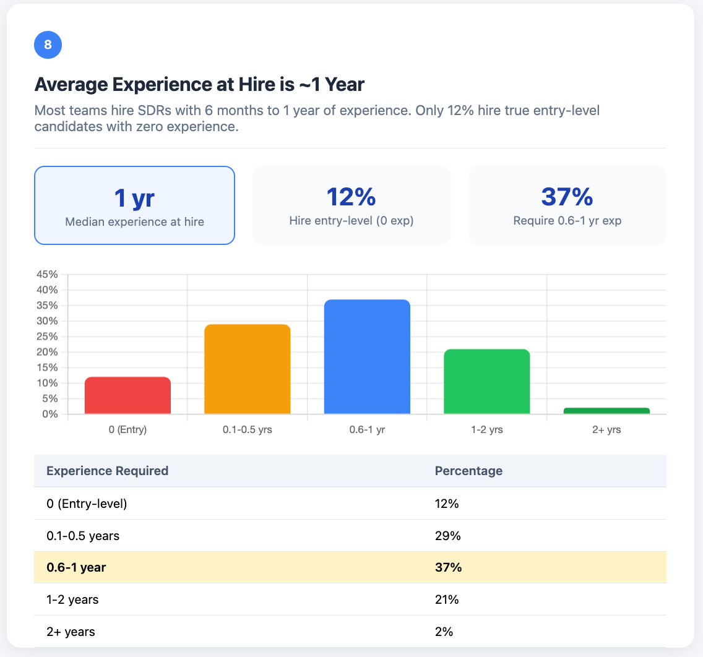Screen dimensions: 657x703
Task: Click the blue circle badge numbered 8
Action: (48, 45)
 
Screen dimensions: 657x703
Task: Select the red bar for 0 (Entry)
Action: (127, 395)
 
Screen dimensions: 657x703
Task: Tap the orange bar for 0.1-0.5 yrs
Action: (248, 369)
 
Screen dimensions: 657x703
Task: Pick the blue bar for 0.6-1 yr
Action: (367, 357)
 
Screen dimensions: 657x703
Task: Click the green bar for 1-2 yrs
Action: (486, 382)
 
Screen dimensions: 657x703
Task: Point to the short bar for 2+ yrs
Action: (606, 411)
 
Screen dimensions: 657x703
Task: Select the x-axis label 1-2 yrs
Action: (486, 429)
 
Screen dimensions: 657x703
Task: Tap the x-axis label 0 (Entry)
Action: (127, 429)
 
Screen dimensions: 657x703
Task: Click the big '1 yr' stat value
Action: (134, 198)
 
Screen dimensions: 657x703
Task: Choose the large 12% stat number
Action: (351, 197)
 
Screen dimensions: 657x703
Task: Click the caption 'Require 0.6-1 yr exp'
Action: (567, 220)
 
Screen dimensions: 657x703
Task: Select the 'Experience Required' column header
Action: (107, 471)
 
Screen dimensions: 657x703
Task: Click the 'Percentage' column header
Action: (468, 471)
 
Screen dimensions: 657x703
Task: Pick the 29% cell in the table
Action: (447, 536)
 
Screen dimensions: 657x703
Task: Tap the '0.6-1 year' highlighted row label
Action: (76, 567)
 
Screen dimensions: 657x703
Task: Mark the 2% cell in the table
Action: (444, 632)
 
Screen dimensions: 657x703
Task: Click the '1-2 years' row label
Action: (72, 599)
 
